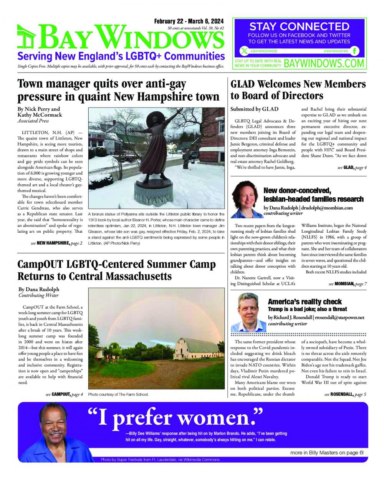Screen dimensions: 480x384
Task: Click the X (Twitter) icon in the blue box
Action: [244, 51]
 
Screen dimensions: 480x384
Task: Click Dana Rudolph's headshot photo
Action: [245, 200]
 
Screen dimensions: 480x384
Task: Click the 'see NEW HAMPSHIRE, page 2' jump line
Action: [56, 243]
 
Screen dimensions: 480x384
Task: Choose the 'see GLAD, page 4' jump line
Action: [352, 167]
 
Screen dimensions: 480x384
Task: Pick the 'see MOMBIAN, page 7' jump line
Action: [348, 284]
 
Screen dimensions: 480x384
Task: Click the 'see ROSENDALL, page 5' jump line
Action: [345, 394]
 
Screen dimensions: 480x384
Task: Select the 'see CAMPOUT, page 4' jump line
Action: [64, 394]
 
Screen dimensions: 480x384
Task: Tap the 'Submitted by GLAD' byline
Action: [254, 109]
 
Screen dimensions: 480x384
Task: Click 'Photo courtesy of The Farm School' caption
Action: [118, 395]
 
